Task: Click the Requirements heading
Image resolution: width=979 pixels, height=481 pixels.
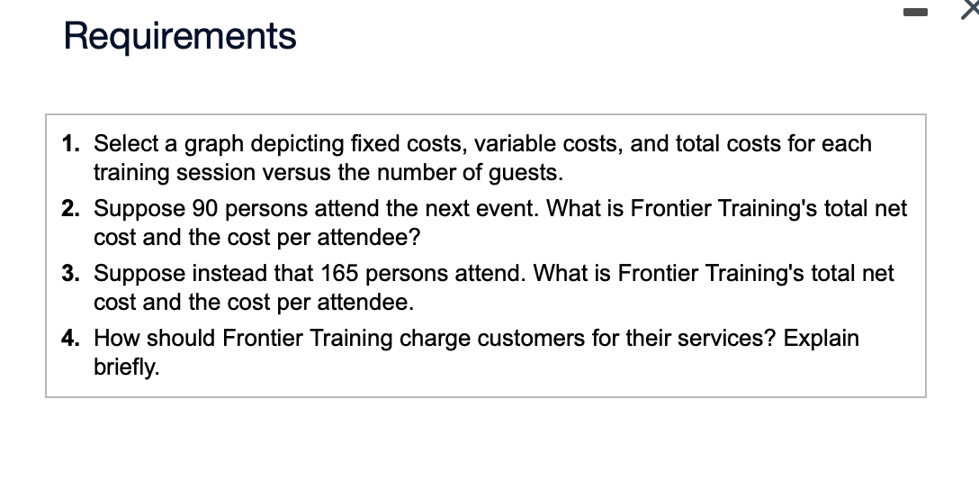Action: tap(180, 37)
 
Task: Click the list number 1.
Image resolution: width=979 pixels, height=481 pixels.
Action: tap(72, 144)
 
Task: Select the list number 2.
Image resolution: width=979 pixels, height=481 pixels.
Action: tap(72, 209)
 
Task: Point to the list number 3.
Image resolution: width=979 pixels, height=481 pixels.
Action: tap(72, 274)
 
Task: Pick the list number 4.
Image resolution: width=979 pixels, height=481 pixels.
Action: tap(72, 339)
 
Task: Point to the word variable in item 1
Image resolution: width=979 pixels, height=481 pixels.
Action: tap(509, 144)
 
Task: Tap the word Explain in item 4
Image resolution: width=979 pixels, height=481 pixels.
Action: tap(821, 339)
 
